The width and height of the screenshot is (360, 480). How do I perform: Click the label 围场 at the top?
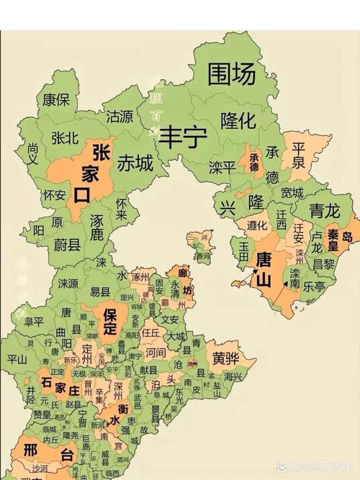[231, 73]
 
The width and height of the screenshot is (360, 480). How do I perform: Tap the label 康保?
[56, 99]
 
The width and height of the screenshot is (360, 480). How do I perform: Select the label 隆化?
[238, 120]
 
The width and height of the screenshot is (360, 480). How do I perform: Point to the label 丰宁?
[183, 135]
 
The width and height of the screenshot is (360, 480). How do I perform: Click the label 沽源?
[120, 116]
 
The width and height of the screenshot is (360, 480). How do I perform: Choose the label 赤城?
[135, 163]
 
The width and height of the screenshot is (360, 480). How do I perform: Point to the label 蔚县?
[70, 244]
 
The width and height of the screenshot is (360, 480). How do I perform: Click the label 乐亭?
[314, 285]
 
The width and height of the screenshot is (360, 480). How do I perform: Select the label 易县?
[100, 291]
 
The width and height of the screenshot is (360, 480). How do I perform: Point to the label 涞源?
[68, 283]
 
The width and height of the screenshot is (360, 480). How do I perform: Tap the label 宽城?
[292, 193]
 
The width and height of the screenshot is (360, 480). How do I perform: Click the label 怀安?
[55, 195]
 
